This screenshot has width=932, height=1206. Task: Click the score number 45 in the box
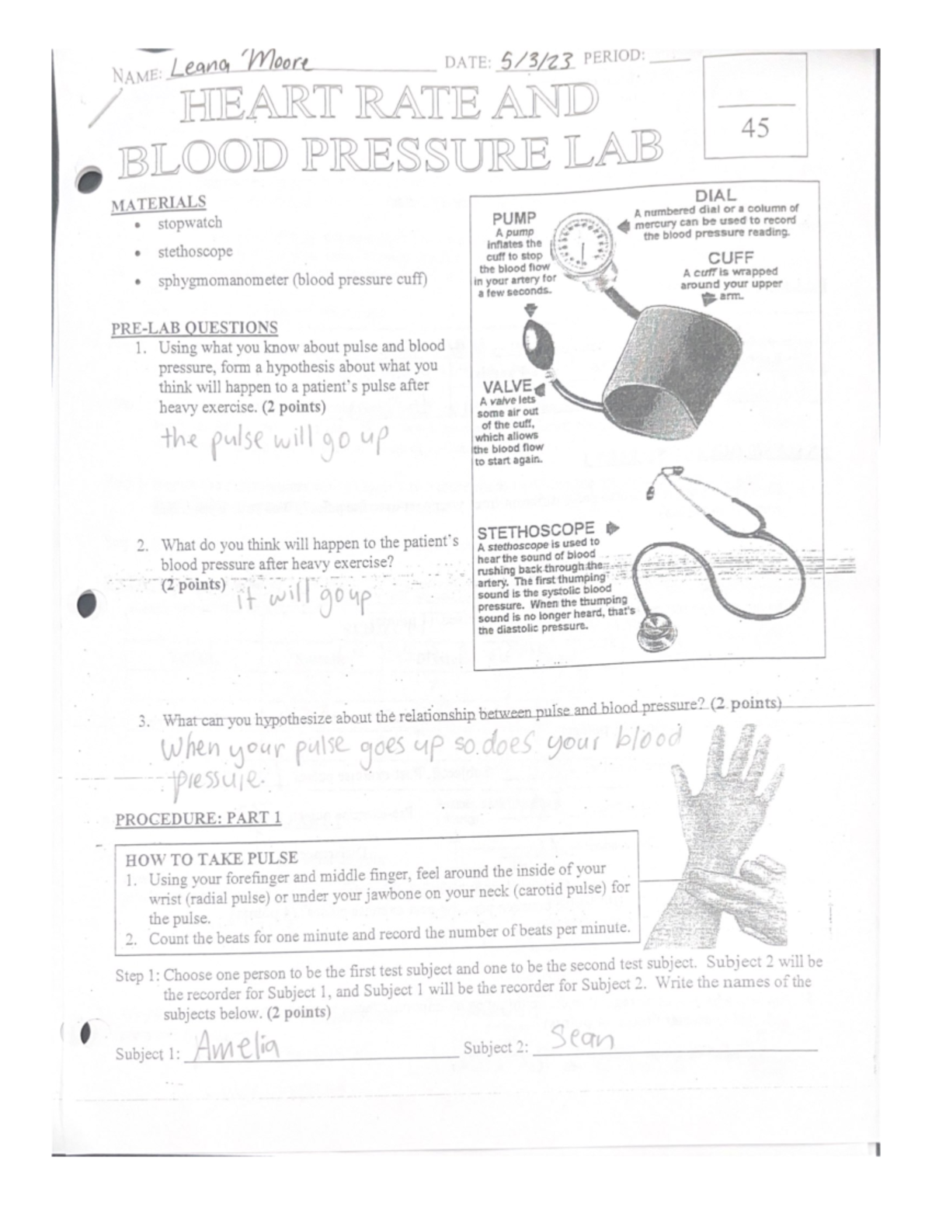tap(755, 127)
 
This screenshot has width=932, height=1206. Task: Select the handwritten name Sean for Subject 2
tap(582, 1038)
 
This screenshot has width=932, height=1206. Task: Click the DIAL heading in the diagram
tap(715, 196)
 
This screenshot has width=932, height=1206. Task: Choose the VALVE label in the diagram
tap(506, 387)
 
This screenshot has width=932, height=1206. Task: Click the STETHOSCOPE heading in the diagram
tap(536, 532)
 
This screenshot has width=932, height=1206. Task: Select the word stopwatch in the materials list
tap(190, 223)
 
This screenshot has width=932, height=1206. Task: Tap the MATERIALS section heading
tap(158, 203)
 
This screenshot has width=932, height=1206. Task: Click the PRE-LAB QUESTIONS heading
tap(194, 328)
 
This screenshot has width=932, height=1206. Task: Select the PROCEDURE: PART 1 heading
tap(198, 818)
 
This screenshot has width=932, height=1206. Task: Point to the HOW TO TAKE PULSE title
tap(212, 858)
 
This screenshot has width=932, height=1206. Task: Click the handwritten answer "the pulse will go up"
tap(272, 443)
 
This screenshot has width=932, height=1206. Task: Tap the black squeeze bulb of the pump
tap(534, 341)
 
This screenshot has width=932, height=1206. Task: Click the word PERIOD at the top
tap(613, 57)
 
